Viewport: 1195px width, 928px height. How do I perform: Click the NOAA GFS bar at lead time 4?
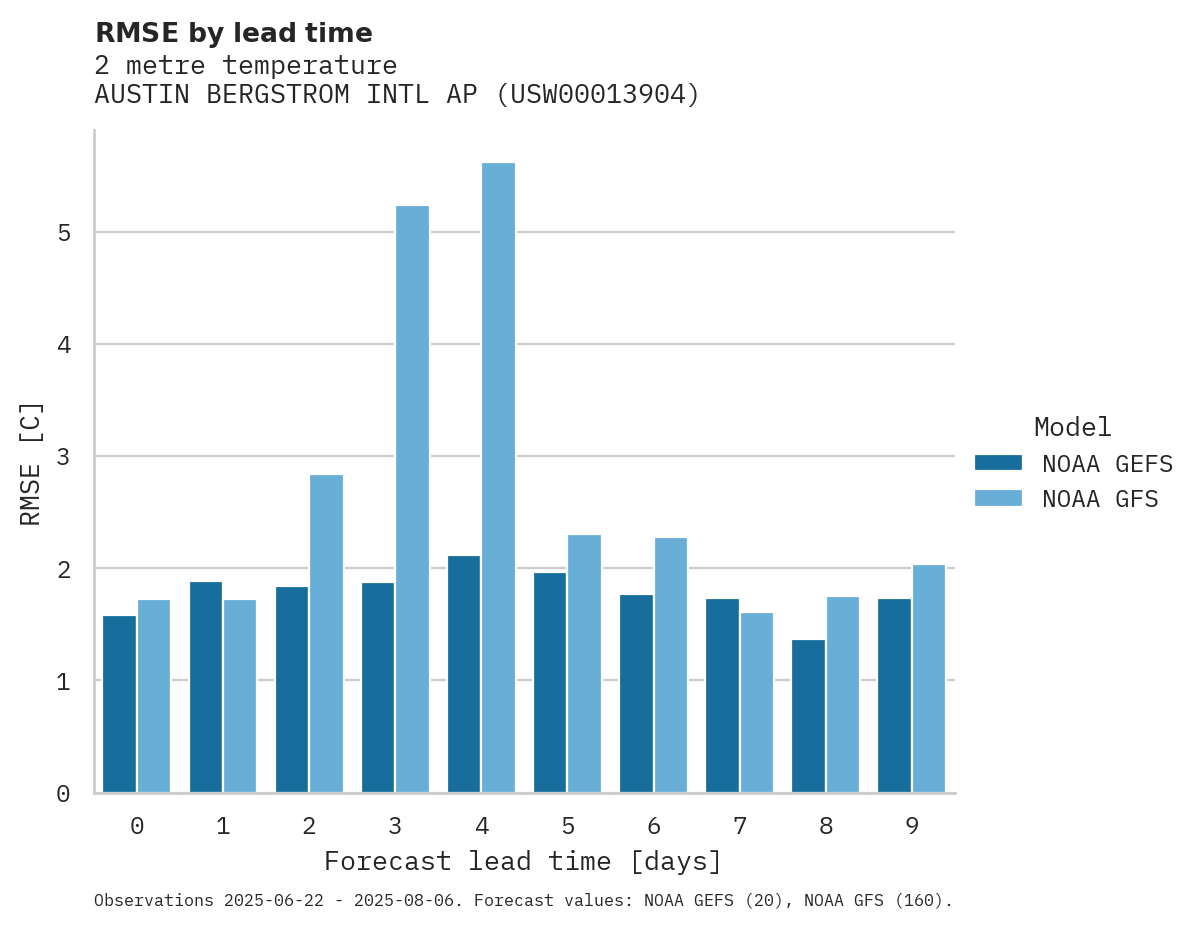pos(498,477)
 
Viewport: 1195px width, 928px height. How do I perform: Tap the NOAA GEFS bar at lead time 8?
pos(808,716)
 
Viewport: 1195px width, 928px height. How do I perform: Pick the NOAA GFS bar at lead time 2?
pos(326,633)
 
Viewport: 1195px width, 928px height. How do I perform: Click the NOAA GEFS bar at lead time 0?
pos(120,704)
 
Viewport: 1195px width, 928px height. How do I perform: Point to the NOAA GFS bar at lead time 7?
pos(756,702)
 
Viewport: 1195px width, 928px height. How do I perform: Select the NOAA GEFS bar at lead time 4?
pos(464,674)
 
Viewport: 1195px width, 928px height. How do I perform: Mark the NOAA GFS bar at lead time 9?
pos(928,679)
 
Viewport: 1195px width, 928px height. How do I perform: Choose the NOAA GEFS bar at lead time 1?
pos(206,687)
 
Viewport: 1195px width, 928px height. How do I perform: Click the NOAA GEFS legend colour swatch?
pos(998,463)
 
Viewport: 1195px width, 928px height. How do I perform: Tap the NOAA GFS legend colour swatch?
pos(998,498)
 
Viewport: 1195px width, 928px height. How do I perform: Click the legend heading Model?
pos(1072,427)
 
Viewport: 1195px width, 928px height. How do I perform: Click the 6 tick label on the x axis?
pos(653,826)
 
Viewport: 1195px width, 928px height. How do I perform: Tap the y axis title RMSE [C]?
pos(31,463)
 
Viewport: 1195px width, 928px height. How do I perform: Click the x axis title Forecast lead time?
pos(522,861)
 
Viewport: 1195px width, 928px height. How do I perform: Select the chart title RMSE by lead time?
pos(233,33)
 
